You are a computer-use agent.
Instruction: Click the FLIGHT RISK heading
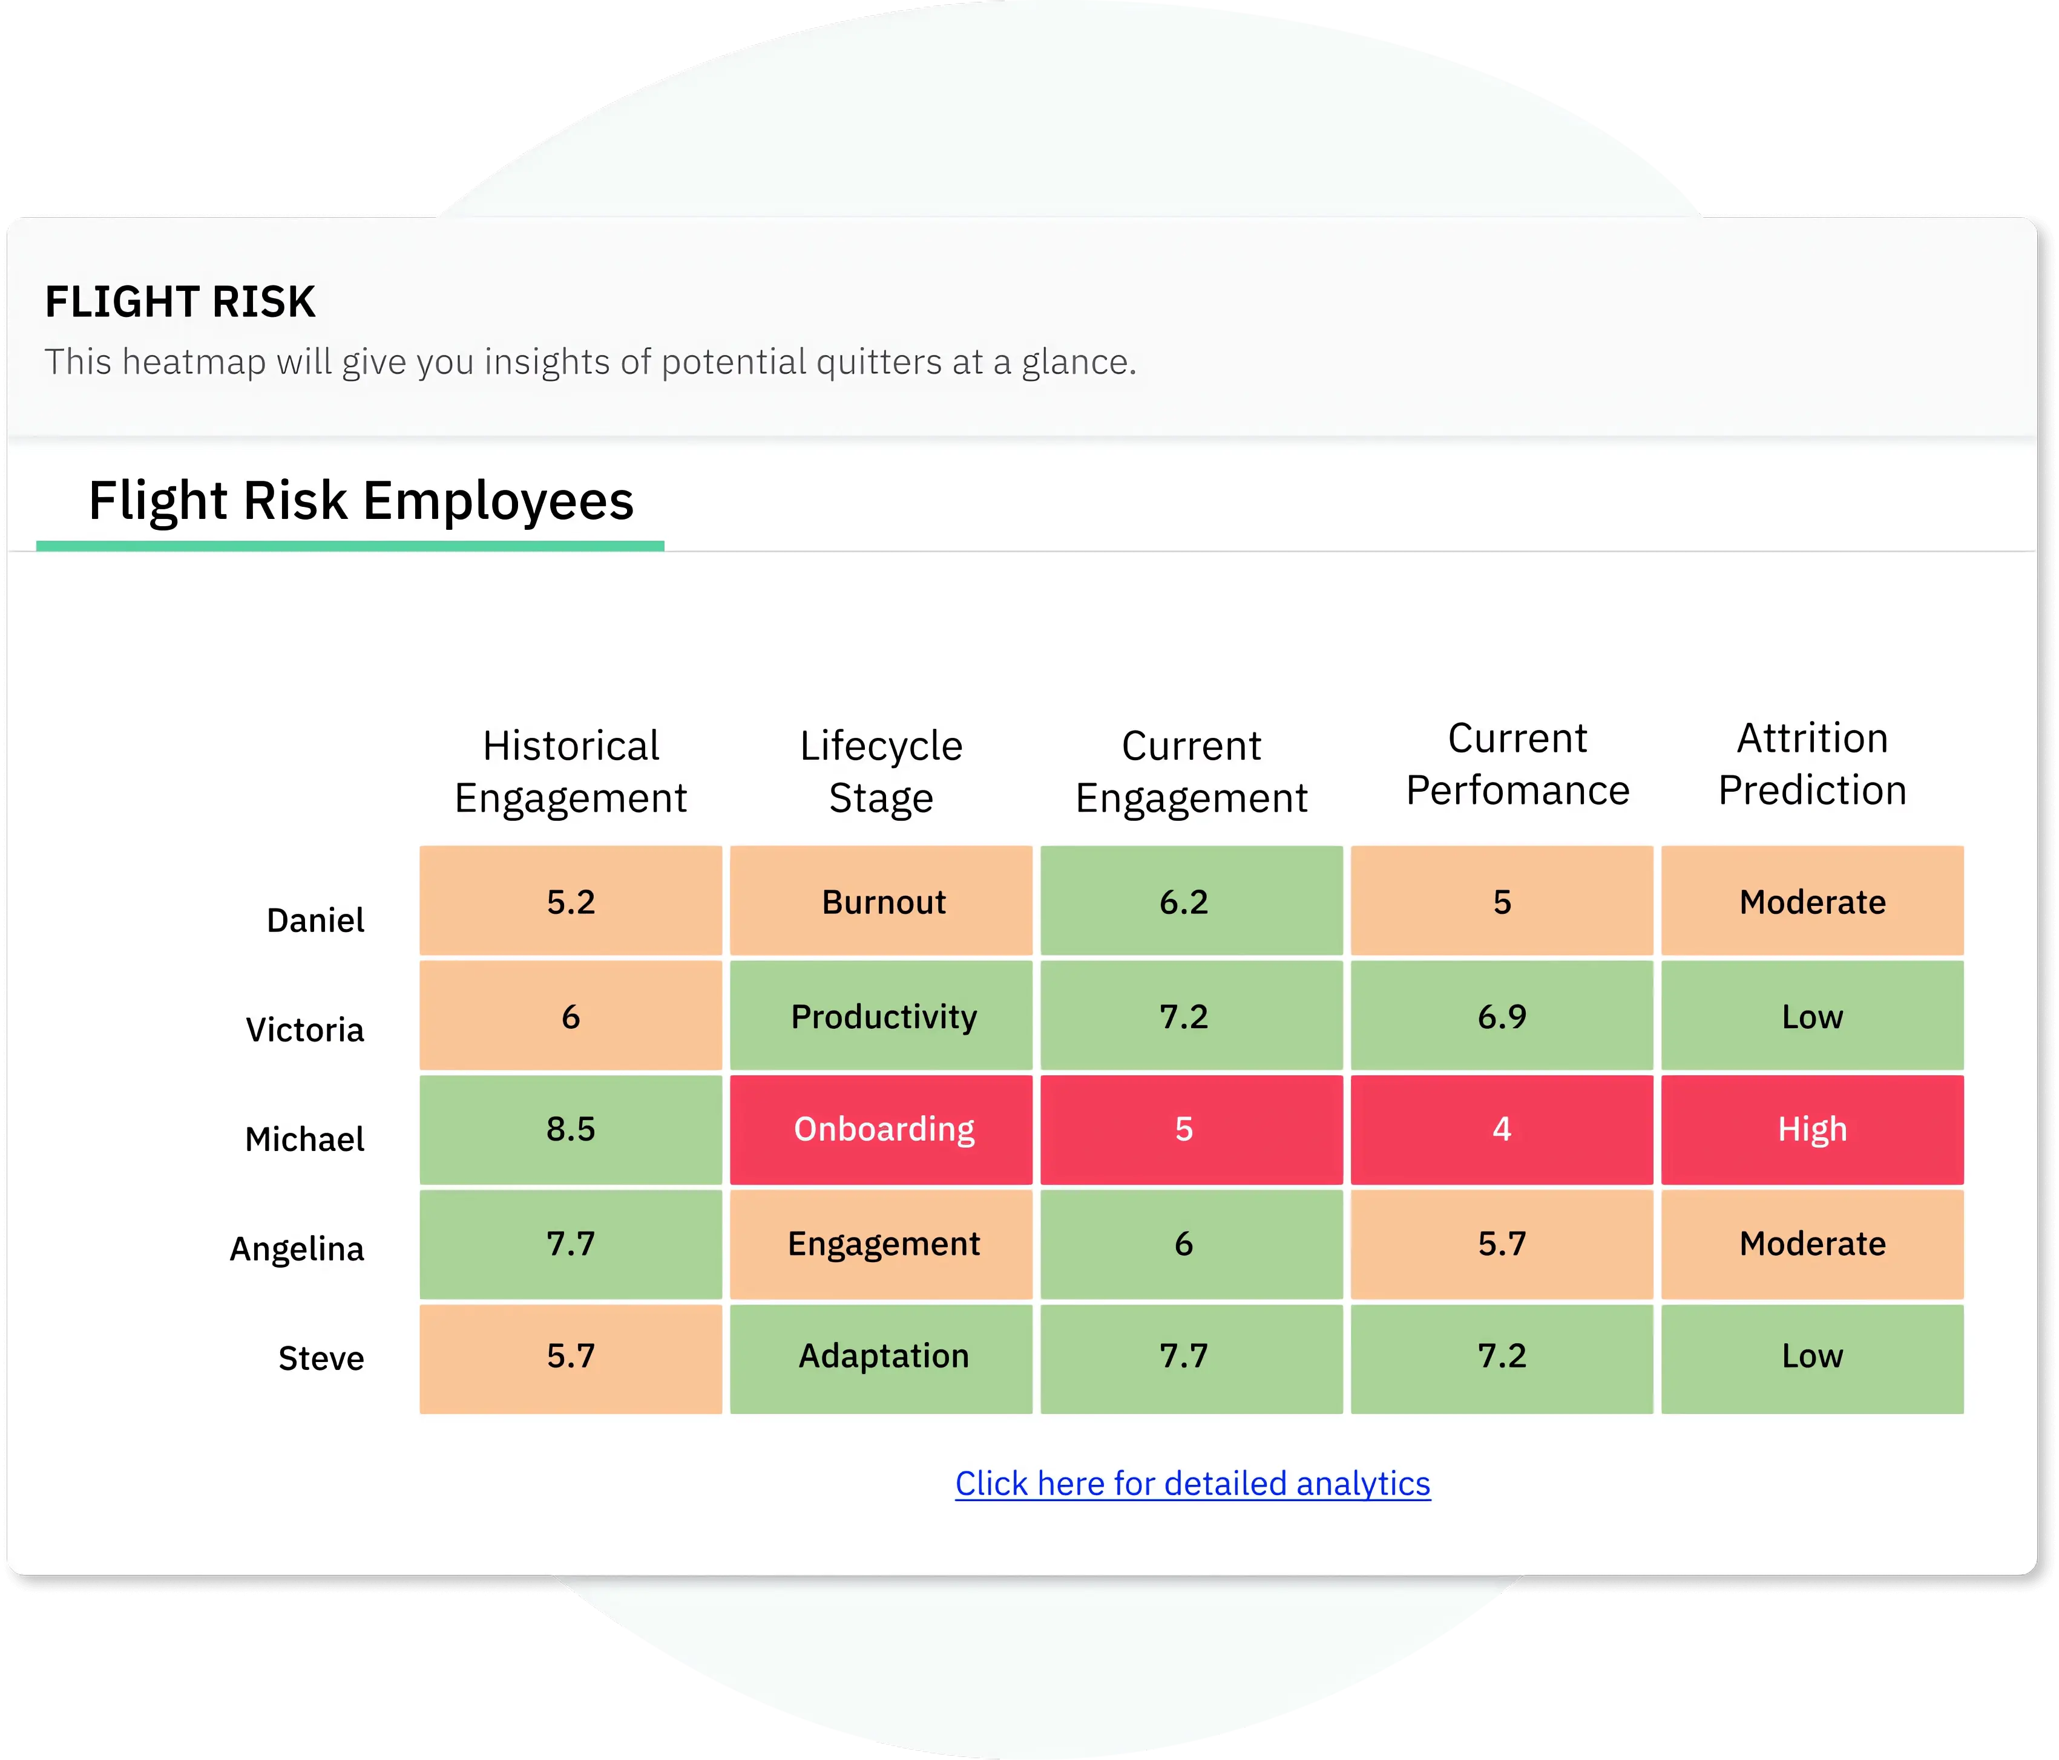180,302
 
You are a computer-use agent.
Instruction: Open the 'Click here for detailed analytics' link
1192,1483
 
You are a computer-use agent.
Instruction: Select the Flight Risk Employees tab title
361,501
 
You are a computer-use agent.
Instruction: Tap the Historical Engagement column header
570,772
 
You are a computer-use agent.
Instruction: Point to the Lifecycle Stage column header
881,772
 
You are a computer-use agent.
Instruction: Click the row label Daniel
315,921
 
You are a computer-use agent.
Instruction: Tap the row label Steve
321,1358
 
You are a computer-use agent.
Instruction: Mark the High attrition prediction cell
1813,1129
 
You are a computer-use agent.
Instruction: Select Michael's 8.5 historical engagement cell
570,1129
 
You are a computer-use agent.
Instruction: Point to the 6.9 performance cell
1502,1016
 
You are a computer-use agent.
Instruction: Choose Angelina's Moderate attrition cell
1813,1243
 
